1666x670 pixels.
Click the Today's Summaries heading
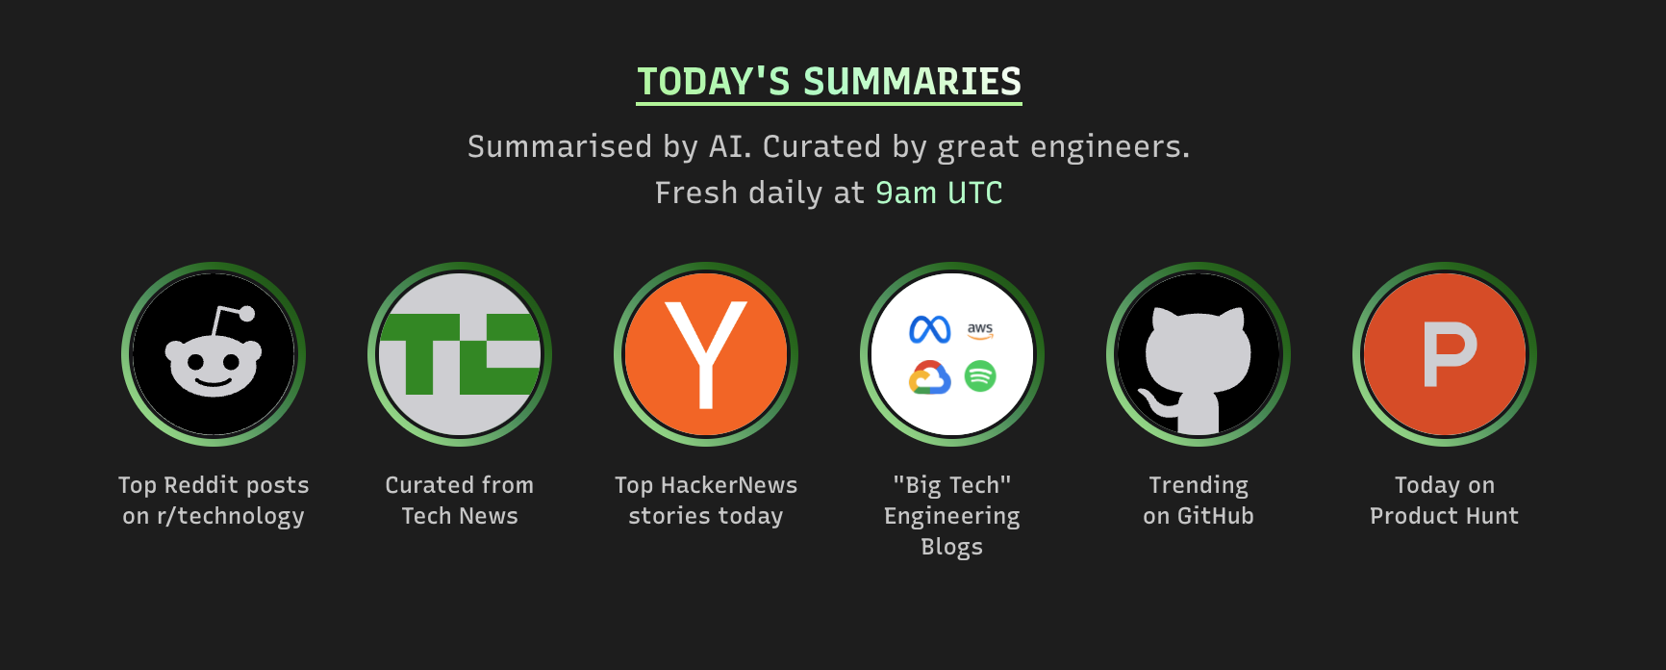click(x=829, y=82)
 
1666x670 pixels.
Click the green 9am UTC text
click(x=939, y=193)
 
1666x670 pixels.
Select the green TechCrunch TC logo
click(x=460, y=354)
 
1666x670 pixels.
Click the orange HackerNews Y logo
click(x=706, y=354)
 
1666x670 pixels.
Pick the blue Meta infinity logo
click(x=930, y=330)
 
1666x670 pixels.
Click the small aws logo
click(x=980, y=330)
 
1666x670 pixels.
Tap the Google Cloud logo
click(x=930, y=377)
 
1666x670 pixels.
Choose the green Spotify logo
click(x=980, y=376)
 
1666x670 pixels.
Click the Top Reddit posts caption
click(x=214, y=501)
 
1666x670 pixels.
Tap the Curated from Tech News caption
click(x=460, y=501)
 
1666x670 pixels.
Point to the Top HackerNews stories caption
click(x=706, y=501)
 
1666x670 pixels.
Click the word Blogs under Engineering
click(x=952, y=547)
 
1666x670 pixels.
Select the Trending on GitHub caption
click(x=1199, y=501)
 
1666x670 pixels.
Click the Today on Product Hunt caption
click(x=1445, y=501)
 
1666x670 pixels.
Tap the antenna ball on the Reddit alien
click(x=247, y=313)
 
